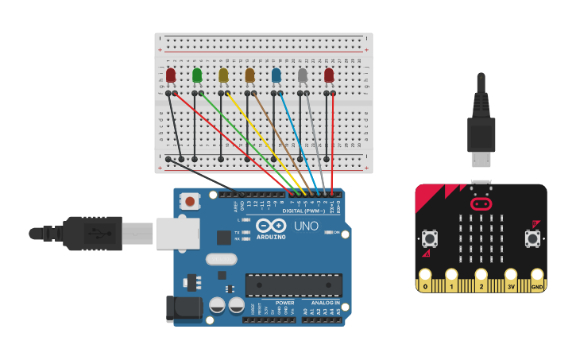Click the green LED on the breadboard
click(x=197, y=75)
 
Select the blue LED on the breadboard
click(x=276, y=75)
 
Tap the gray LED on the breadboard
click(x=302, y=75)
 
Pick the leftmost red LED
click(x=171, y=75)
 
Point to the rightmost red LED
click(x=329, y=75)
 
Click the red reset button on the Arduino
click(x=190, y=202)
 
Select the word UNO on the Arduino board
click(x=306, y=226)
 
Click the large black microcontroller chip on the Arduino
click(x=294, y=285)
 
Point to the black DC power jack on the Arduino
click(x=180, y=308)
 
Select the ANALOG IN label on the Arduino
click(x=325, y=303)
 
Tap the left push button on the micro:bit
click(x=429, y=238)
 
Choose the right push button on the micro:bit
click(x=532, y=238)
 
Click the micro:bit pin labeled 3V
click(x=511, y=283)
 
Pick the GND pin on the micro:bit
click(x=537, y=283)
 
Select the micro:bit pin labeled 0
click(x=425, y=283)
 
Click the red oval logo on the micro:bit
click(x=481, y=203)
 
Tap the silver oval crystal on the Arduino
click(x=221, y=258)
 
